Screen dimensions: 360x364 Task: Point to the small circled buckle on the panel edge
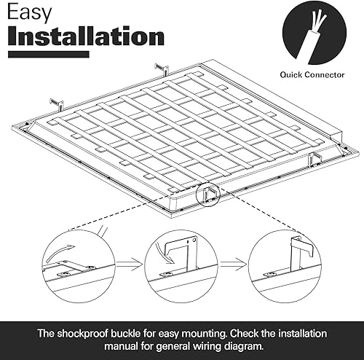[209, 192]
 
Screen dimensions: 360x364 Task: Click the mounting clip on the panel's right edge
[317, 159]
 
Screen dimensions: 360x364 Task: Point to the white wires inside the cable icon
[312, 24]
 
